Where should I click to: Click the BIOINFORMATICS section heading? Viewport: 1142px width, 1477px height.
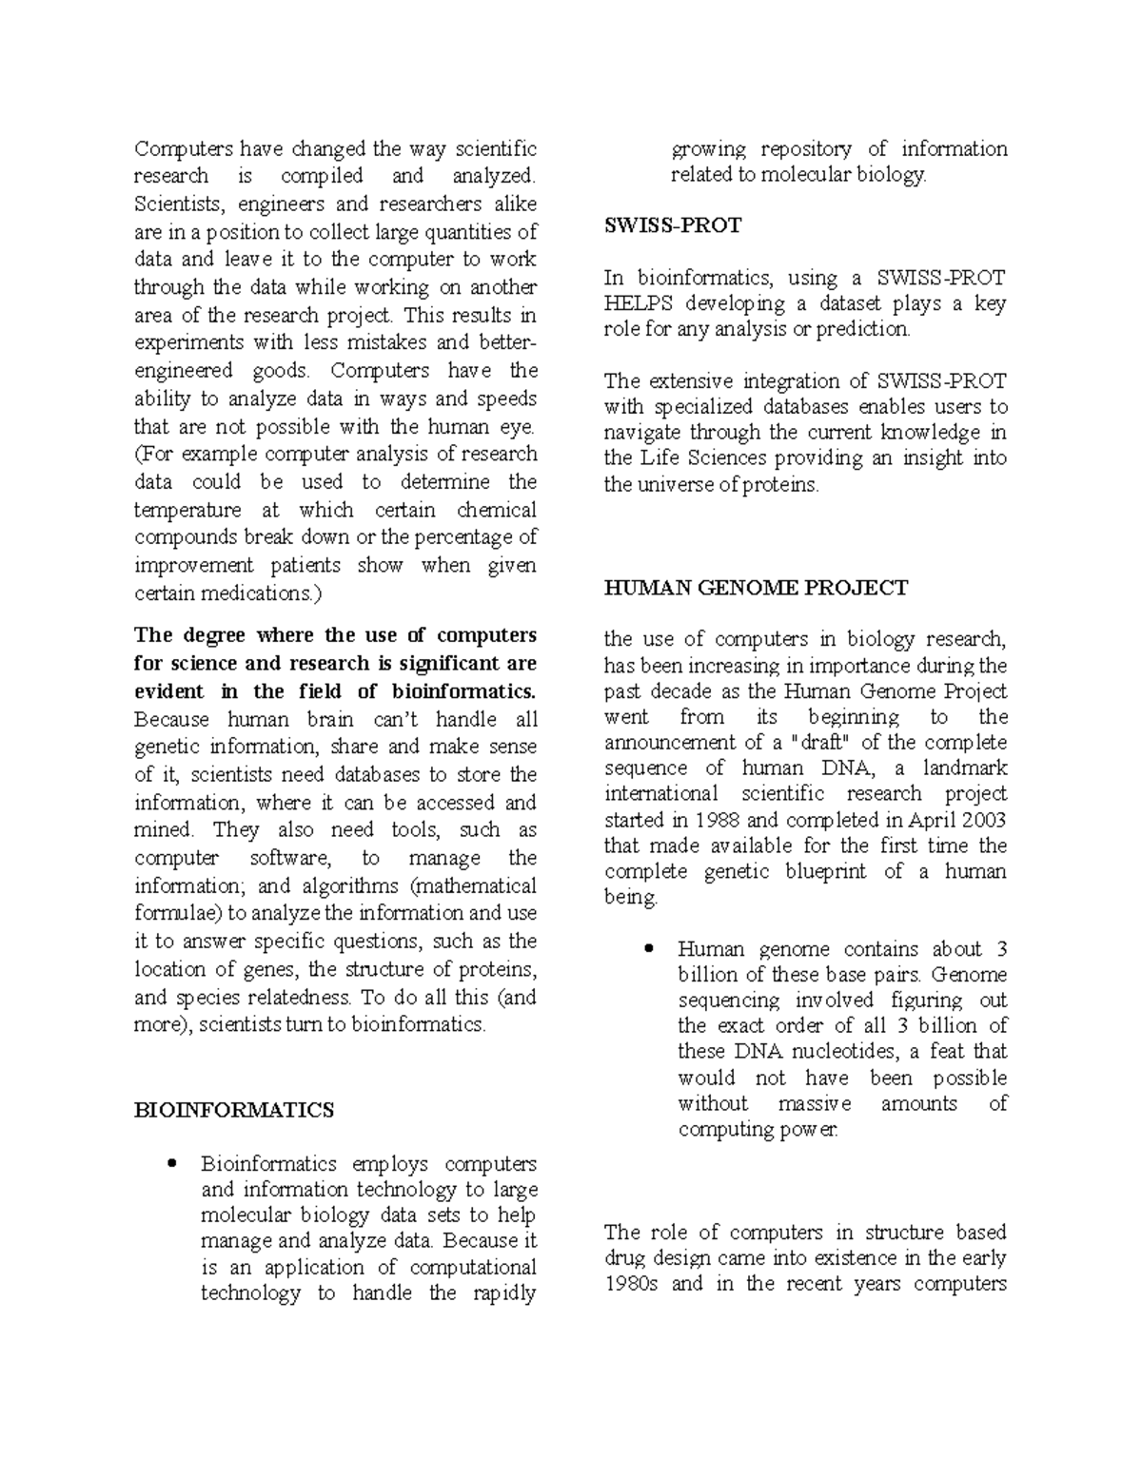234,1110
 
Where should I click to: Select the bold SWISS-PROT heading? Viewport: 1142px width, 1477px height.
673,226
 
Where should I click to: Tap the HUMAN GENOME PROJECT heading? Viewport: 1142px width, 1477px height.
756,589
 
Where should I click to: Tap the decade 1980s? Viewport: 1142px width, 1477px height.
632,1284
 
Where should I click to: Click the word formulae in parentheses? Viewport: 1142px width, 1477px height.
177,914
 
